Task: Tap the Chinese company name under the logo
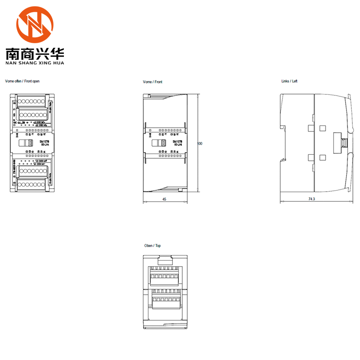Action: click(x=35, y=54)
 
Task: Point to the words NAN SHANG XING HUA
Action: click(x=35, y=63)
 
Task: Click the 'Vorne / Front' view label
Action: click(x=153, y=82)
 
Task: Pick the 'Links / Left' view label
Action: click(x=289, y=81)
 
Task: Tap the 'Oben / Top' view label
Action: click(x=153, y=246)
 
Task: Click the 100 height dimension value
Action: click(x=200, y=144)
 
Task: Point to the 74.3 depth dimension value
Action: click(x=312, y=198)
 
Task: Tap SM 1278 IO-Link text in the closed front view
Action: click(x=178, y=143)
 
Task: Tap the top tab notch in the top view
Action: click(x=166, y=259)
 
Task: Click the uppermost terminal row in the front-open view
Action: click(x=32, y=101)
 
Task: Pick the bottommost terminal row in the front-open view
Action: click(x=32, y=184)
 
